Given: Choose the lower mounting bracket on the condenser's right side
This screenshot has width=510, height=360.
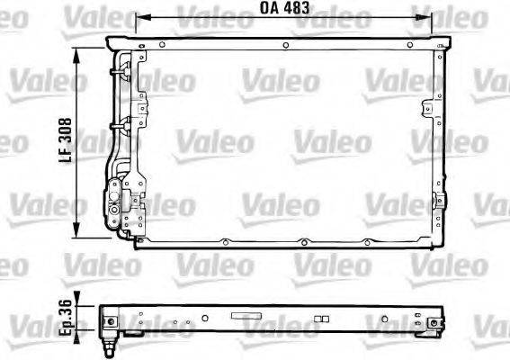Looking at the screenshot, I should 439,202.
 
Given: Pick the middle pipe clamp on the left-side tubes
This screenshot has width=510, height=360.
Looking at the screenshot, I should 115,125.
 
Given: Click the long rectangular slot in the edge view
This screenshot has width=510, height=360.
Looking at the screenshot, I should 244,317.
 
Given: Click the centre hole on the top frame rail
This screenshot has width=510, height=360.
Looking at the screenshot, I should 284,44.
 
